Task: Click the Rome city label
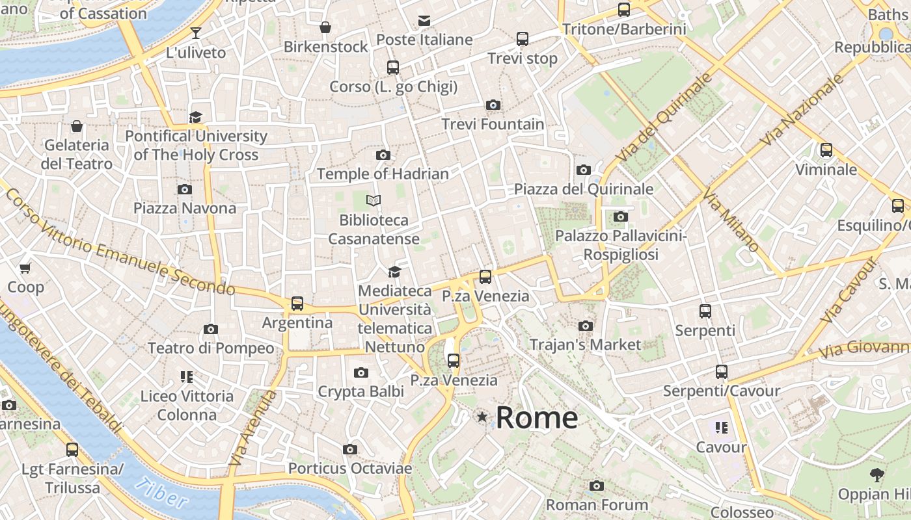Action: [x=537, y=417]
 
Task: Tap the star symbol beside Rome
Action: [x=482, y=417]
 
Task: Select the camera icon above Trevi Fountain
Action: [x=493, y=105]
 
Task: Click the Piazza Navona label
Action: [x=185, y=208]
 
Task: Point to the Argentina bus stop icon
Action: [x=297, y=304]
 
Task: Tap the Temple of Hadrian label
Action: [x=383, y=174]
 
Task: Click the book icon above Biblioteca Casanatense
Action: [x=374, y=200]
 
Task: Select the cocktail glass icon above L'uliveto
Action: [x=196, y=32]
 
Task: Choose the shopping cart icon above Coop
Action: [x=25, y=268]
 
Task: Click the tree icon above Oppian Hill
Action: [x=877, y=475]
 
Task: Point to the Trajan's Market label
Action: [x=585, y=344]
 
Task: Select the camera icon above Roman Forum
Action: [x=596, y=486]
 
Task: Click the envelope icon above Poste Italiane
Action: [x=424, y=20]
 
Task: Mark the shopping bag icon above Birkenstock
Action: [x=325, y=27]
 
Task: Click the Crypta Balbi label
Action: [x=360, y=391]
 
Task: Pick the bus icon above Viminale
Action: [x=826, y=150]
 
